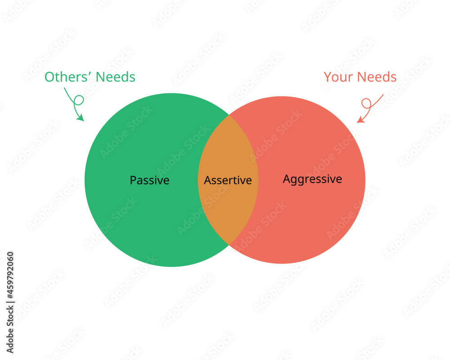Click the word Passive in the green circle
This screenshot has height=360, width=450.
(149, 180)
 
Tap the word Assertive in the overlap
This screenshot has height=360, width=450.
(228, 180)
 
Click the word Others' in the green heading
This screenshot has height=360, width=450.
(68, 77)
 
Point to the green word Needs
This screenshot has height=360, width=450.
(115, 77)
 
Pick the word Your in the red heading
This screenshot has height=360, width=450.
(338, 77)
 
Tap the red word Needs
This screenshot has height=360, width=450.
(377, 77)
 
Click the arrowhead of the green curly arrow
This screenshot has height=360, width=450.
(81, 117)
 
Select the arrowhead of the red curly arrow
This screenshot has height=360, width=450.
(360, 119)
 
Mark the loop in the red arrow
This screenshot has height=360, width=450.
(366, 103)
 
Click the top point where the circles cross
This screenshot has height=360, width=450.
(229, 115)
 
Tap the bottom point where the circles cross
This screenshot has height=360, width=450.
(229, 245)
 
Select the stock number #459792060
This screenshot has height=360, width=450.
(10, 275)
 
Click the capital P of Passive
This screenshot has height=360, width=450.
(133, 180)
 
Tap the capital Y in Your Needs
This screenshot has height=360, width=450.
(328, 77)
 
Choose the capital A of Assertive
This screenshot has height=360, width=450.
(208, 180)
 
